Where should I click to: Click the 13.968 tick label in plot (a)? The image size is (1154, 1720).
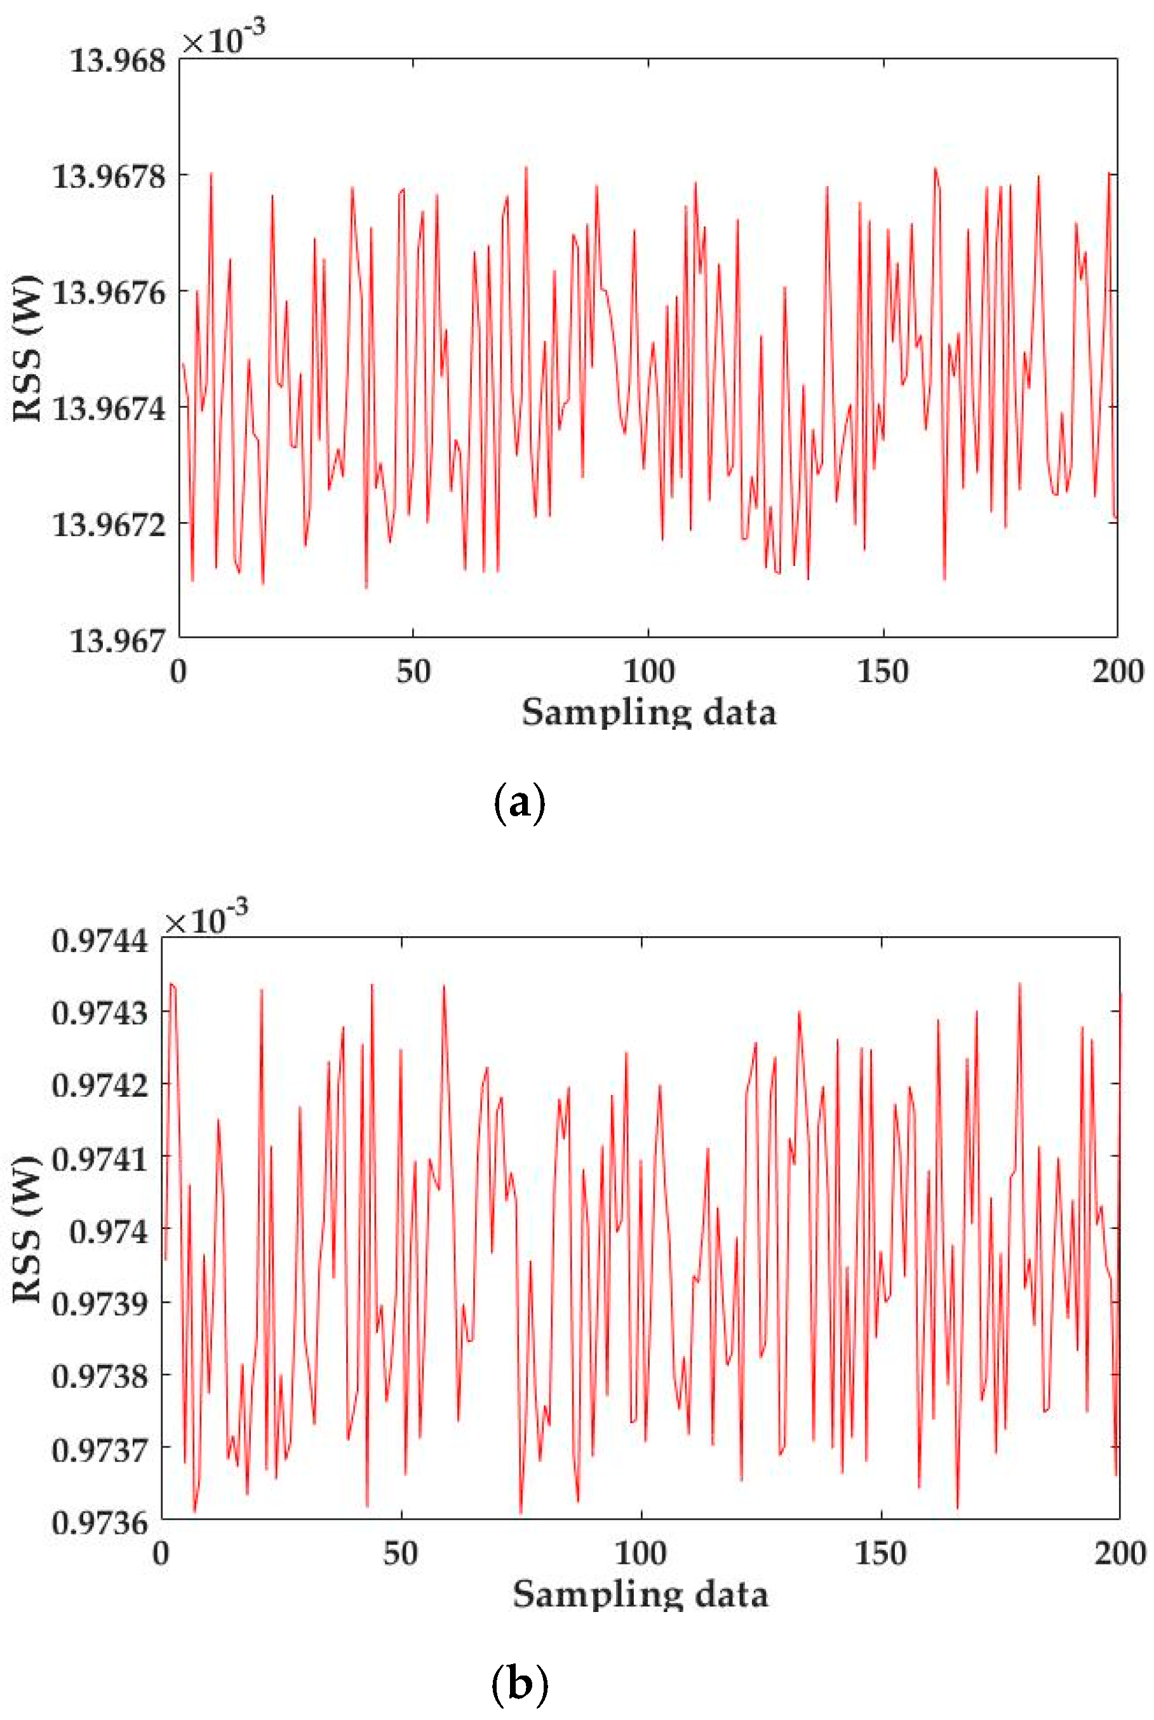[x=117, y=60]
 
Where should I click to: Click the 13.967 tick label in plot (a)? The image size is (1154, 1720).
[x=117, y=641]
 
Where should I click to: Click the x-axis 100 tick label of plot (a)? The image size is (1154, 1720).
[x=648, y=671]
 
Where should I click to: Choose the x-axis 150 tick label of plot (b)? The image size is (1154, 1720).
[x=881, y=1553]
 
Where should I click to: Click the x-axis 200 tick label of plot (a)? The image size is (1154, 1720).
[x=1118, y=671]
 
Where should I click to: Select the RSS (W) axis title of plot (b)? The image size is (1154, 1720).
[x=27, y=1229]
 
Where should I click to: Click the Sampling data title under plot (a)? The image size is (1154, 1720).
[x=648, y=713]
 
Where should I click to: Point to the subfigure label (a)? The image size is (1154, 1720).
[x=520, y=803]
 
